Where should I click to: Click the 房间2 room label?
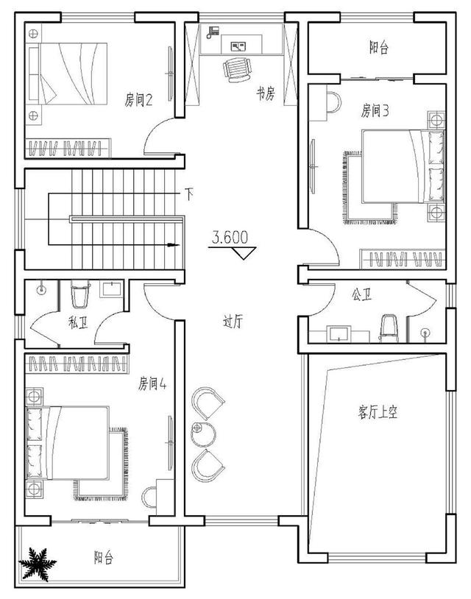point(138,101)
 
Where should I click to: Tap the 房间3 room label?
point(375,111)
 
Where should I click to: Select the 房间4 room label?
point(152,383)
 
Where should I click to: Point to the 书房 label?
point(266,93)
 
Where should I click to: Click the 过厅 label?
point(233,322)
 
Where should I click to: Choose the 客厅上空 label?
point(378,413)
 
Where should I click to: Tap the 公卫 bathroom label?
point(361,294)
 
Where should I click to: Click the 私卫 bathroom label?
point(78,323)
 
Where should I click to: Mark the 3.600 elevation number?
point(230,238)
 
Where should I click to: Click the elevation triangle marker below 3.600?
point(244,253)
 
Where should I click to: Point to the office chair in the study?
point(238,69)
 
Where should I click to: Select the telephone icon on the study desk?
point(213,32)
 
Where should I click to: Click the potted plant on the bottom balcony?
point(38,564)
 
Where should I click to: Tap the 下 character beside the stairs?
point(188,195)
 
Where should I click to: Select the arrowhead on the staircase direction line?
point(174,244)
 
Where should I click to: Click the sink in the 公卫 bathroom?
point(339,333)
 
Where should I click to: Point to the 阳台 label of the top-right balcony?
point(379,48)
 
